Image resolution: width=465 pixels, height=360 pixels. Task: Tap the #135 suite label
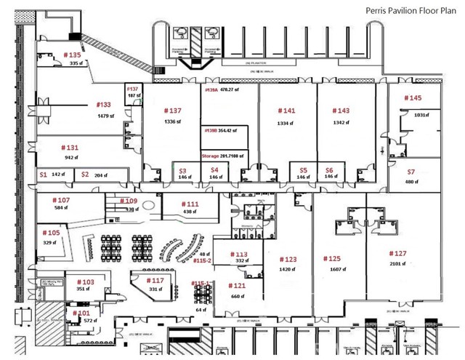pos(72,55)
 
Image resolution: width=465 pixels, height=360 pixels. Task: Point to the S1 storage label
pos(43,175)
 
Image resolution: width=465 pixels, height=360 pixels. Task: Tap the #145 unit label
pos(412,97)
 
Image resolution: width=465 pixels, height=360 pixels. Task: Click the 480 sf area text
pos(412,182)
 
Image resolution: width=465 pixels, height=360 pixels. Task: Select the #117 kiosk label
pos(155,280)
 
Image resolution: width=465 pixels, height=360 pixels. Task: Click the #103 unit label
pos(85,281)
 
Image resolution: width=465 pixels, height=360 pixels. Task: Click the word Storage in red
pos(211,155)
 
